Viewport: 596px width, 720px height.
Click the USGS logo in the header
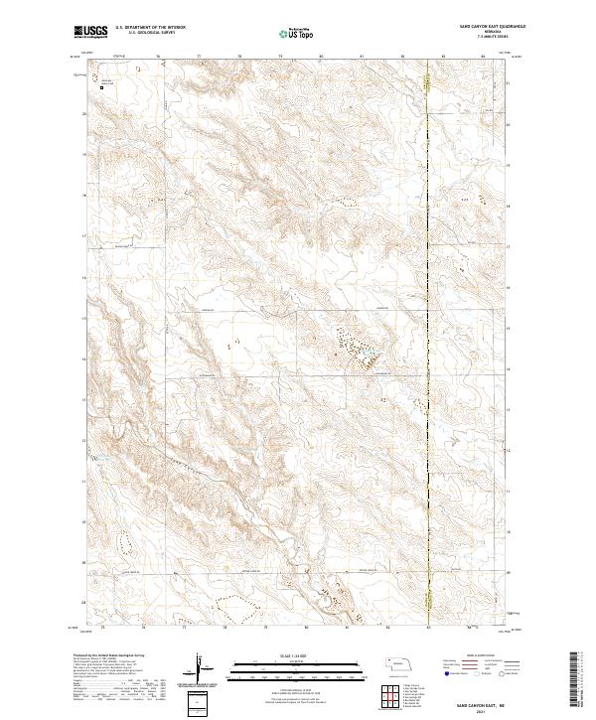coord(90,33)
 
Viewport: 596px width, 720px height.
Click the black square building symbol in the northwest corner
coord(101,87)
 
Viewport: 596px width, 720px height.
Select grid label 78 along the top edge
coord(240,58)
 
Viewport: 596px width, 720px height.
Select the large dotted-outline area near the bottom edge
coord(229,603)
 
